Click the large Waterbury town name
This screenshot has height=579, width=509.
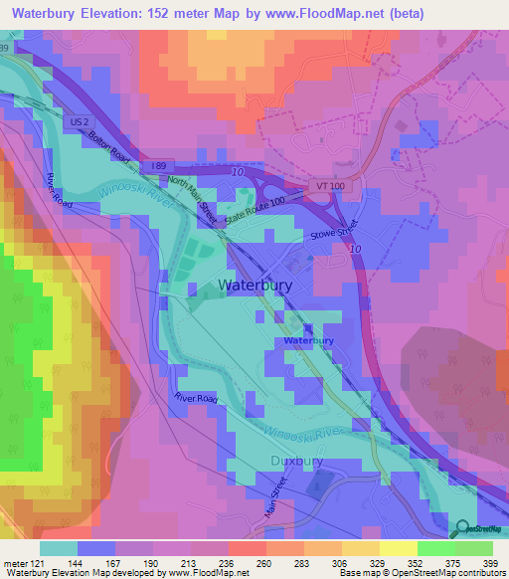(x=254, y=285)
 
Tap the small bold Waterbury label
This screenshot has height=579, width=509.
(x=309, y=340)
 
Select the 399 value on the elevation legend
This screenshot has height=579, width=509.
(x=488, y=562)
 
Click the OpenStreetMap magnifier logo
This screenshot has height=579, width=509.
(x=462, y=530)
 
